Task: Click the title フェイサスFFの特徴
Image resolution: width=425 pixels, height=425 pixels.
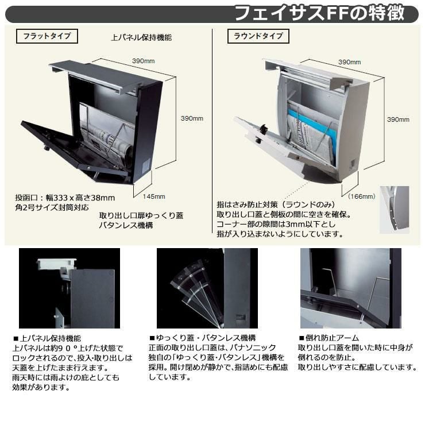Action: click(327, 12)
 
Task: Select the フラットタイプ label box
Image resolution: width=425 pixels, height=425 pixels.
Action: click(47, 36)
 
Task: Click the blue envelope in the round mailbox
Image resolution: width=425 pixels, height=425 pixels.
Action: click(299, 123)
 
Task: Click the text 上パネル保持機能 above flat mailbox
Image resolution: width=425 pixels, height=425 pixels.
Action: click(141, 38)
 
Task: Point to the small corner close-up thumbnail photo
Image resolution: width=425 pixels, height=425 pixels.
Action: click(395, 209)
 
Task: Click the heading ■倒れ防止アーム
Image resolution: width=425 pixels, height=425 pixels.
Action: click(329, 338)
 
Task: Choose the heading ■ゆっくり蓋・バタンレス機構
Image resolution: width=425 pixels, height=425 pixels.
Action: click(202, 338)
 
